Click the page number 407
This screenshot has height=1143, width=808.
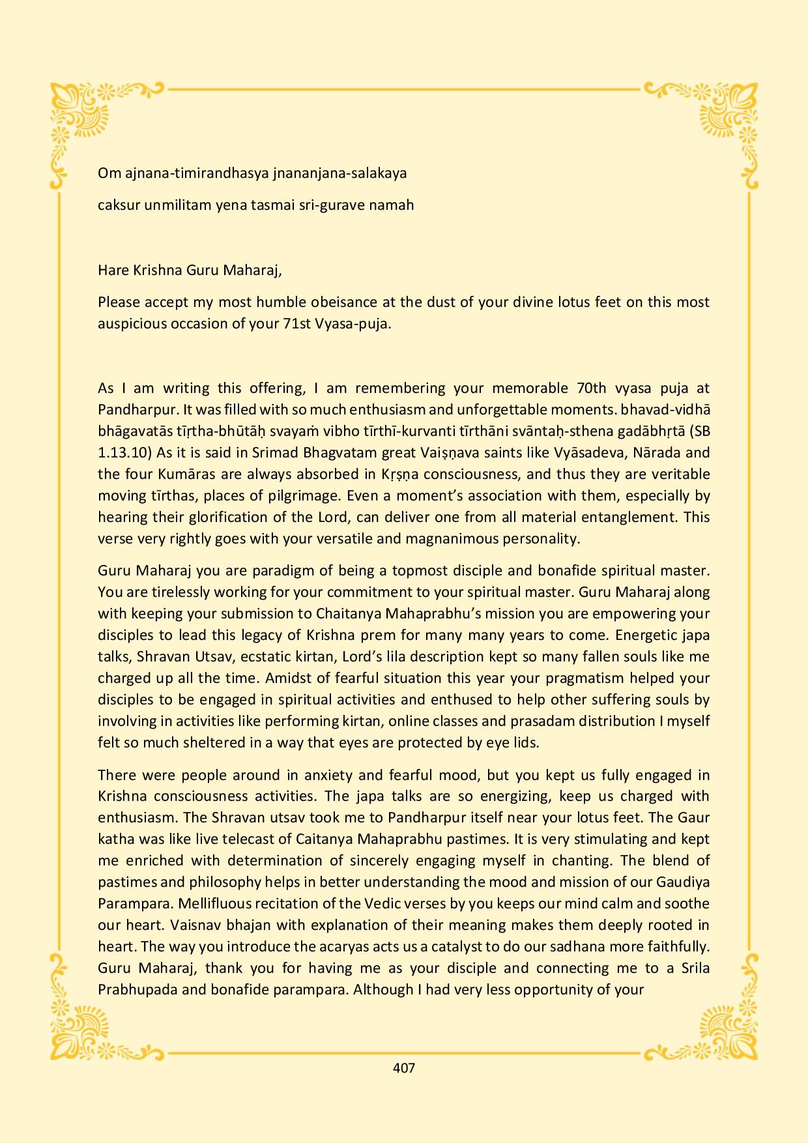pyautogui.click(x=404, y=1068)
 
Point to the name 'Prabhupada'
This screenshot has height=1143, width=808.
pyautogui.click(x=132, y=990)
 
